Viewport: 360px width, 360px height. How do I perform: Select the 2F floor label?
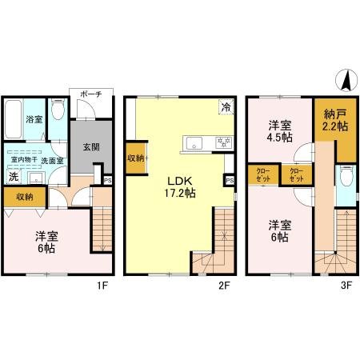tap(228, 283)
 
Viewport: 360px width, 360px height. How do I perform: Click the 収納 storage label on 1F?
tap(24, 197)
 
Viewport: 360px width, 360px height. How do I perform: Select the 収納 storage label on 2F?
tap(135, 158)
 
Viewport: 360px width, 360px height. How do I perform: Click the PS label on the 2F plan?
tap(230, 182)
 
